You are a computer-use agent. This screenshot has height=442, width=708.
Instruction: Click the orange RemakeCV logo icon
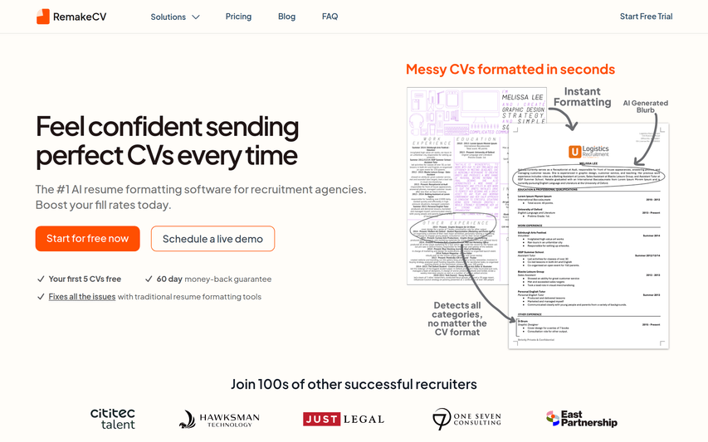click(42, 17)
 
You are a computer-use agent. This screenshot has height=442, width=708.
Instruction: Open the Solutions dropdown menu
click(175, 17)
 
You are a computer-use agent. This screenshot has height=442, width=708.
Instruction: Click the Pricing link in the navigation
click(238, 17)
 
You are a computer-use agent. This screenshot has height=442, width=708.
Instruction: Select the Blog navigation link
click(286, 17)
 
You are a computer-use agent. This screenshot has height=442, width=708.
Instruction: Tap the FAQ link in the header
click(330, 17)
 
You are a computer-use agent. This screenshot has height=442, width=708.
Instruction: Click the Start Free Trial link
click(646, 17)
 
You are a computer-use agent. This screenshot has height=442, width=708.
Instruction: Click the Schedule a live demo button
click(212, 239)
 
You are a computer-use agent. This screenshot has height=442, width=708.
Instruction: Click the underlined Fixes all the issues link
click(82, 297)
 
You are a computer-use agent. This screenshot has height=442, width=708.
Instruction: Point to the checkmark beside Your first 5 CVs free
click(41, 279)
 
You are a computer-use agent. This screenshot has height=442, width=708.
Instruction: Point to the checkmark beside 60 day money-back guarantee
click(149, 279)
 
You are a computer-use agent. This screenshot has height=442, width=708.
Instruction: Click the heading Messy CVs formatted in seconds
click(510, 70)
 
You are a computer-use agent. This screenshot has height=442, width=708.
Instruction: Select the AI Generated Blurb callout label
click(645, 107)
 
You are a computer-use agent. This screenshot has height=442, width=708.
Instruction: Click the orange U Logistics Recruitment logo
click(588, 152)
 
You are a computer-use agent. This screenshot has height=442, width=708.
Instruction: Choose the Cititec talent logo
click(112, 419)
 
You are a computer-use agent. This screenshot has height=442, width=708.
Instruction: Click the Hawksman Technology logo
click(219, 420)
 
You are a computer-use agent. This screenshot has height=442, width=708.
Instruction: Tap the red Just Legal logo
click(343, 419)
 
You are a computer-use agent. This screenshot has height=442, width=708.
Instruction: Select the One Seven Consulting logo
click(466, 419)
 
